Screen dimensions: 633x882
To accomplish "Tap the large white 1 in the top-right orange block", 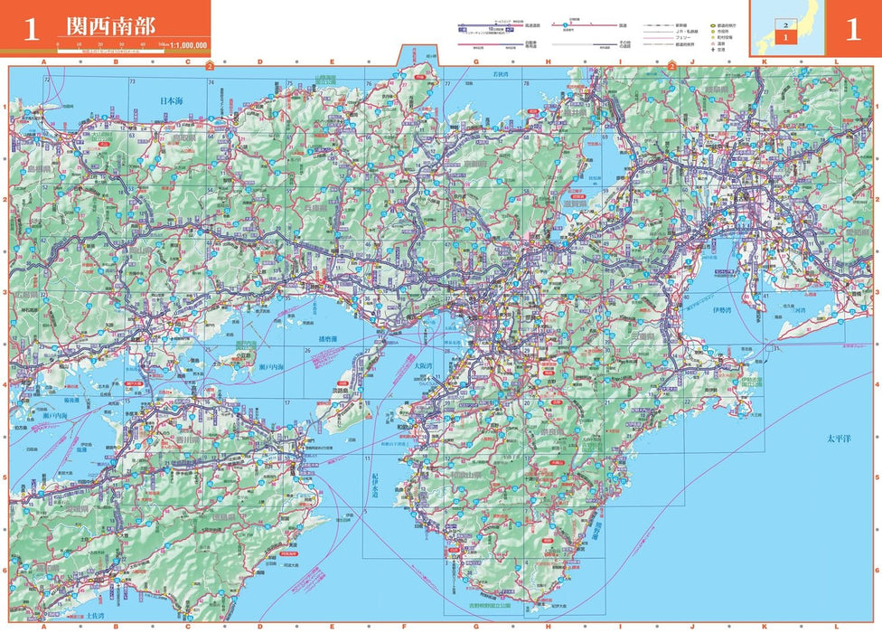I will click(x=852, y=30).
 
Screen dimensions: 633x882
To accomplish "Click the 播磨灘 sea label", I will click(x=327, y=340).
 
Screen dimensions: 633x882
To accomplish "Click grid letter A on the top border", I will click(x=42, y=61).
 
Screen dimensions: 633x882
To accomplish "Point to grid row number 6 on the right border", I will click(x=875, y=571).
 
